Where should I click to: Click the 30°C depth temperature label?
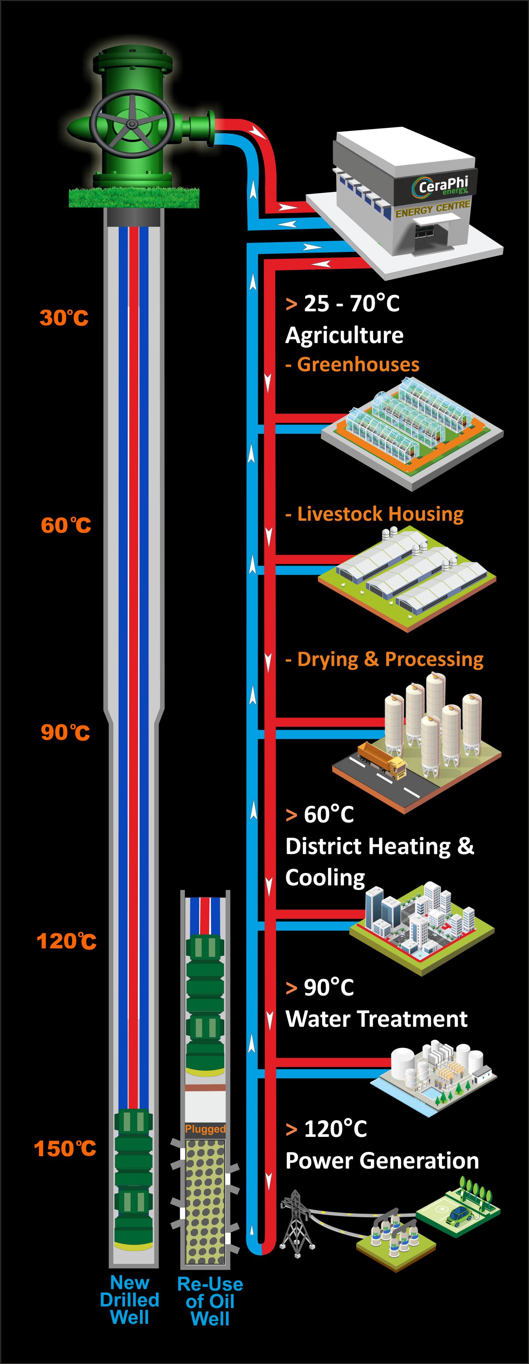point(63,318)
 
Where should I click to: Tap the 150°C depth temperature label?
point(65,1148)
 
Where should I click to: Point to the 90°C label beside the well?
point(65,732)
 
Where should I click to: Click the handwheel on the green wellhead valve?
point(131,124)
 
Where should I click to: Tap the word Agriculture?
point(344,335)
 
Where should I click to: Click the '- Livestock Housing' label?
point(374,514)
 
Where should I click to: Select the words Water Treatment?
point(376,1019)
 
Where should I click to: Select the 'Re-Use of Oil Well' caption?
point(210,1301)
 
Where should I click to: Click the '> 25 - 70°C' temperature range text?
point(342,303)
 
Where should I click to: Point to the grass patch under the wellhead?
point(134,197)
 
